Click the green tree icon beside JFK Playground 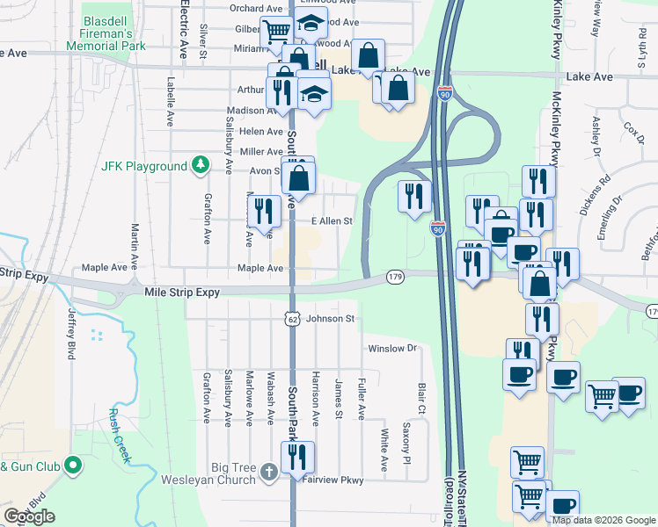pos(201,165)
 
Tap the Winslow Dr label pos(391,348)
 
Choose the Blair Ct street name pos(421,398)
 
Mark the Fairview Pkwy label pos(333,480)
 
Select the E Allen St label pos(332,221)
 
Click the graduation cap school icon pos(314,92)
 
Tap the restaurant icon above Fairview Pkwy pos(297,457)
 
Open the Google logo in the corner pos(29,516)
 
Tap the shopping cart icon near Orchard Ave pos(277,32)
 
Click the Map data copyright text pos(603,520)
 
